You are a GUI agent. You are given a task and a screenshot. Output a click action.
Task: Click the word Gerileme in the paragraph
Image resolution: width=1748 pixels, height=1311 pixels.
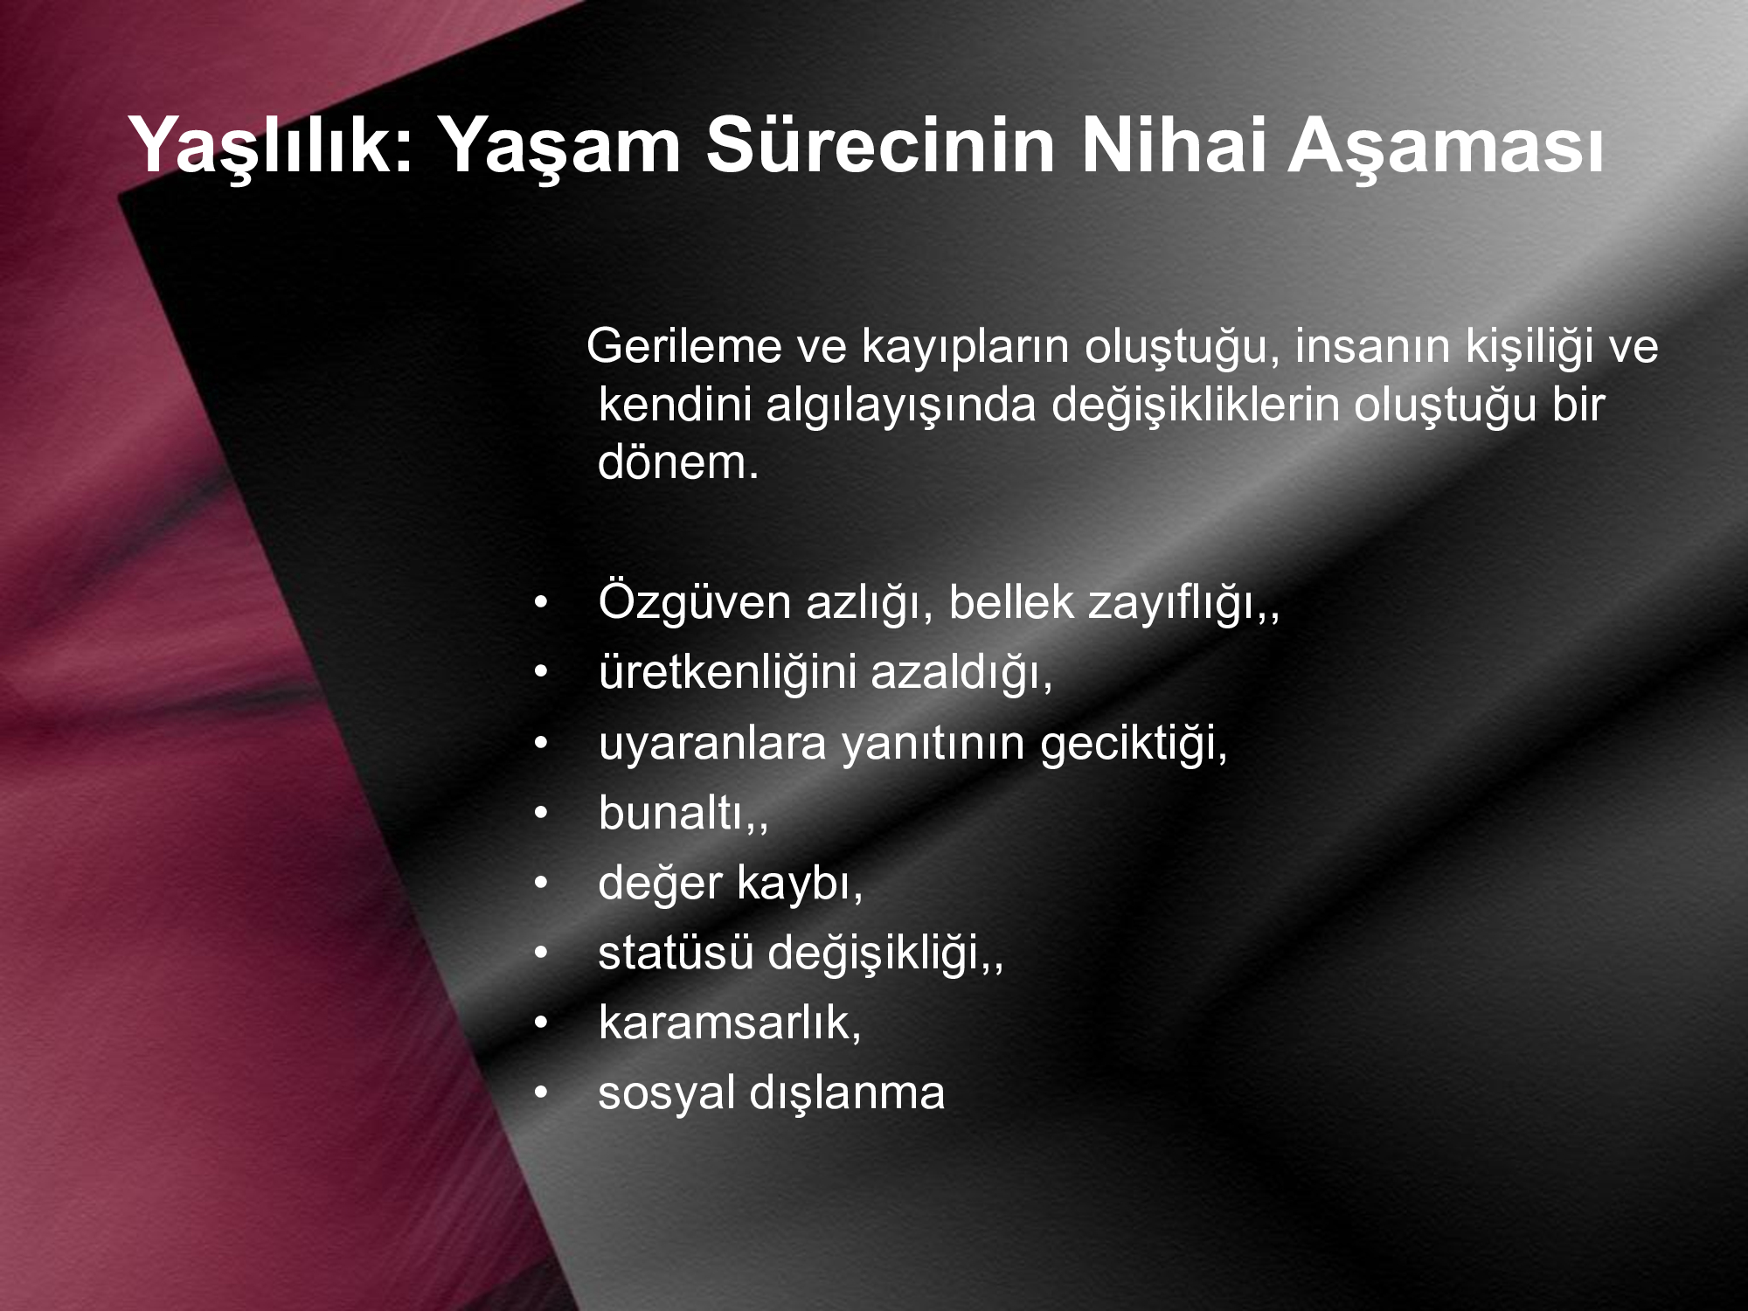pyautogui.click(x=683, y=346)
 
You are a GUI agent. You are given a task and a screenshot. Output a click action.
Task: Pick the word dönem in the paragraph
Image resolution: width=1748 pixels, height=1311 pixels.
pyautogui.click(x=669, y=462)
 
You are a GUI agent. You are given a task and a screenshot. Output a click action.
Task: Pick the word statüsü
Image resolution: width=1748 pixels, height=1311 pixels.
pyautogui.click(x=675, y=954)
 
